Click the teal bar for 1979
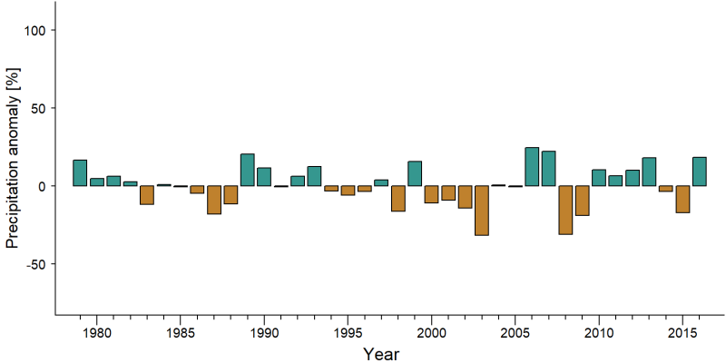click(x=80, y=172)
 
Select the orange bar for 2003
click(x=482, y=211)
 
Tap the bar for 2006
click(x=532, y=167)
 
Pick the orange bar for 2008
click(x=565, y=210)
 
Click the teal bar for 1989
click(x=248, y=170)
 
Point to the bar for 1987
click(x=214, y=200)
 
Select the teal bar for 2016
click(x=700, y=172)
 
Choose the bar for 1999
click(x=415, y=173)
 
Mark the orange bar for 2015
click(x=683, y=199)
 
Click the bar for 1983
click(x=147, y=195)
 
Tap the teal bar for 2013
click(x=649, y=172)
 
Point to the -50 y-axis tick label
click(x=34, y=264)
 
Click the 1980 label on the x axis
click(x=97, y=332)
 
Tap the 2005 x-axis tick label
click(x=515, y=332)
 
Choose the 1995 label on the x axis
click(x=348, y=332)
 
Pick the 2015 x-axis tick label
click(x=683, y=332)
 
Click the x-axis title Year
click(x=381, y=354)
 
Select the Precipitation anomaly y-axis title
click(x=13, y=152)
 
